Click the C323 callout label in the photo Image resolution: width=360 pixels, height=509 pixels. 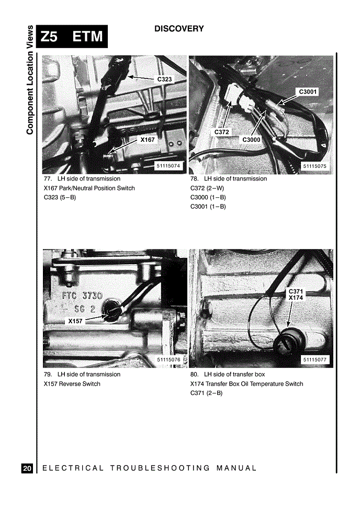point(164,79)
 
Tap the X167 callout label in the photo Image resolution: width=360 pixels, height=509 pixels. point(148,140)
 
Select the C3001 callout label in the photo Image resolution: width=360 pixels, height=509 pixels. point(307,92)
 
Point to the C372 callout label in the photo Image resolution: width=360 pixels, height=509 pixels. point(221,132)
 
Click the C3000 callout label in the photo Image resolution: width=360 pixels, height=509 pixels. point(251,140)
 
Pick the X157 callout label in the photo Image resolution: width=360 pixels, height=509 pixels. point(75,321)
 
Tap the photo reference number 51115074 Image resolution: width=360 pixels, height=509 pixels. point(168,166)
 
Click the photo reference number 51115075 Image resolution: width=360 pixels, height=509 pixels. point(314,166)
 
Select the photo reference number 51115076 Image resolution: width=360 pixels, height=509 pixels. point(168,360)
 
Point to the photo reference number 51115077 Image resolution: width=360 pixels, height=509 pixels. point(314,360)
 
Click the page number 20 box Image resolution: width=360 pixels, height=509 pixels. point(27,468)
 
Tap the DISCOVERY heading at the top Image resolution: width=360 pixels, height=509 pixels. point(179,29)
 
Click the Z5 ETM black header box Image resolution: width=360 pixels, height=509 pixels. point(72,37)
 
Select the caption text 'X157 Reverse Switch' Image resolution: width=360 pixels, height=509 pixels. point(72,383)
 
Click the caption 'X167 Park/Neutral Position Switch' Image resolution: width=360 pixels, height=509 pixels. point(89,188)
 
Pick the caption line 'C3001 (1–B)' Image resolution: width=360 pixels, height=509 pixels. point(208,207)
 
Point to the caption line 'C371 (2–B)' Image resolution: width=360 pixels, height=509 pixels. point(207,393)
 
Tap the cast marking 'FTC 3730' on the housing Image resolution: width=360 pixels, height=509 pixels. point(82,296)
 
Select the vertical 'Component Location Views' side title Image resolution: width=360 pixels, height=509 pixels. point(30,80)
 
